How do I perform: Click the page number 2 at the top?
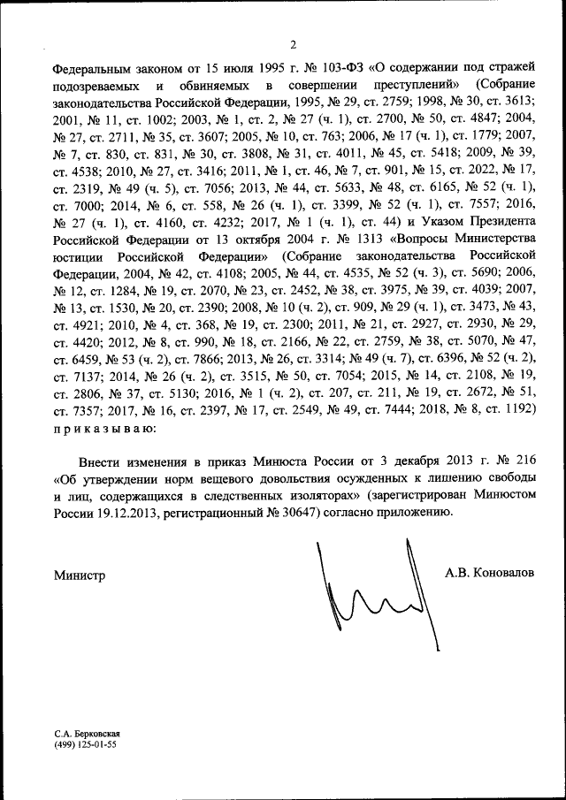[x=293, y=44]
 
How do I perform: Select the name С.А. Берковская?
[x=86, y=734]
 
